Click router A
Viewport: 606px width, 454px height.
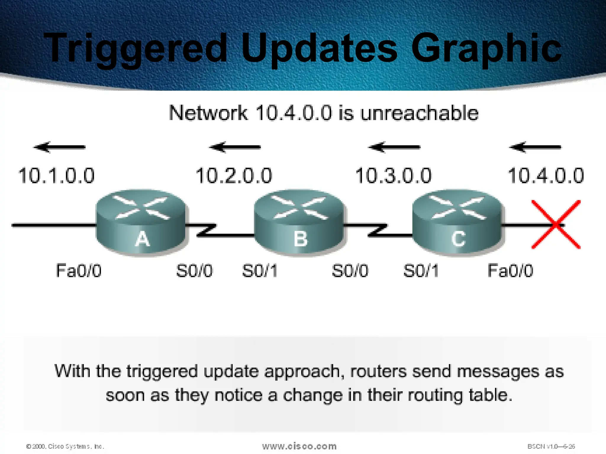pyautogui.click(x=141, y=222)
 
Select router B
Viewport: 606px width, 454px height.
pyautogui.click(x=299, y=222)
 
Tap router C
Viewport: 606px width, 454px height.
pyautogui.click(x=457, y=222)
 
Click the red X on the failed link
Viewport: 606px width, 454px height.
pyautogui.click(x=556, y=224)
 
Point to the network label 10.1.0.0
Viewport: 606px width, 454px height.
pyautogui.click(x=56, y=176)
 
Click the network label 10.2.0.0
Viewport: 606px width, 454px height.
pyautogui.click(x=234, y=176)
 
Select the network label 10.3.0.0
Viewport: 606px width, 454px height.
pyautogui.click(x=393, y=176)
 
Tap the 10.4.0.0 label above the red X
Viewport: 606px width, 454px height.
pyautogui.click(x=546, y=176)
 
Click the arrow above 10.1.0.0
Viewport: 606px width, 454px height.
pyautogui.click(x=59, y=147)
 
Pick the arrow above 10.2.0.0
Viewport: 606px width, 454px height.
pyautogui.click(x=235, y=147)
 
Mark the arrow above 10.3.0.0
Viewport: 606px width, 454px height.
pyautogui.click(x=394, y=147)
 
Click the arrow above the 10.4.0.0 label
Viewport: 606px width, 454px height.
pyautogui.click(x=535, y=147)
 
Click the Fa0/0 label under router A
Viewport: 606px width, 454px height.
pyautogui.click(x=79, y=270)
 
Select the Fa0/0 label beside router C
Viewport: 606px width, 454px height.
pyautogui.click(x=510, y=270)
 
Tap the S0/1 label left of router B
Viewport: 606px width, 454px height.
pyautogui.click(x=260, y=270)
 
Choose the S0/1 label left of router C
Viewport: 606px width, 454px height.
pyautogui.click(x=421, y=270)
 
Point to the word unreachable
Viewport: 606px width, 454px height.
pyautogui.click(x=419, y=113)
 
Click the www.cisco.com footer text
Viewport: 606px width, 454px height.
pyautogui.click(x=299, y=446)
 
